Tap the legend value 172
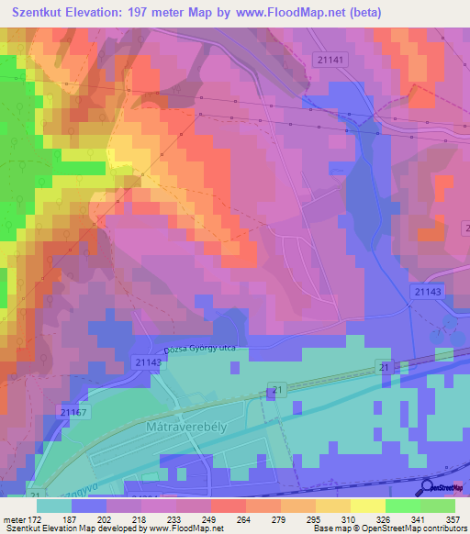tap(34, 519)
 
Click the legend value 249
tap(201, 519)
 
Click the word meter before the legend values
tap(13, 519)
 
